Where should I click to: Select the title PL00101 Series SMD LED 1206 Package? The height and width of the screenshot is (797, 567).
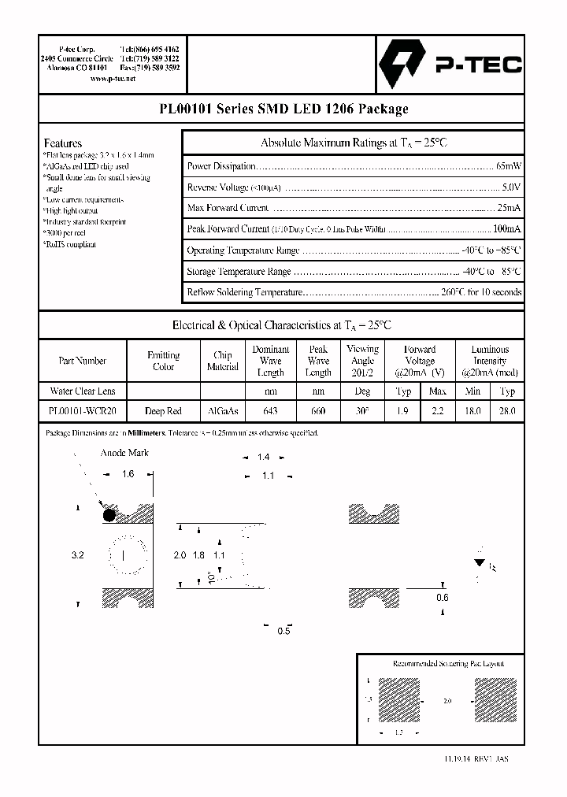[283, 109]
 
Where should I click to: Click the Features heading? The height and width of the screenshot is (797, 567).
[62, 143]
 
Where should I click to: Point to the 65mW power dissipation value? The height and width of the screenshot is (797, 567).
[509, 166]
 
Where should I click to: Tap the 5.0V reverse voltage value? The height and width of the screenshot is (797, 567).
[511, 187]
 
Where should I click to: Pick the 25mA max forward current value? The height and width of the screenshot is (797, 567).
[508, 208]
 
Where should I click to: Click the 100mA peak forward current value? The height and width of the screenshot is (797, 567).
[506, 229]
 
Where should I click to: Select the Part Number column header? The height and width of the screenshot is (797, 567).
[82, 361]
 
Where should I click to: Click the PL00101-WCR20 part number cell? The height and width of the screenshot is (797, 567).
[82, 411]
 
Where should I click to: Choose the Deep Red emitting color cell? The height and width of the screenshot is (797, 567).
[163, 411]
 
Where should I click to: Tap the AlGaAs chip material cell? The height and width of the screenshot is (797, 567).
[223, 411]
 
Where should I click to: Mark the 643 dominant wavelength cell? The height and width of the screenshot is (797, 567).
[270, 411]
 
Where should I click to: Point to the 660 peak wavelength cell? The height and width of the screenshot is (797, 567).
[318, 411]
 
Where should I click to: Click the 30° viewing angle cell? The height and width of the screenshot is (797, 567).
[362, 411]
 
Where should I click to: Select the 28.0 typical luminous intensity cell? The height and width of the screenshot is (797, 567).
[507, 411]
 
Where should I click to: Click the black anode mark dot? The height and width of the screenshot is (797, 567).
[109, 515]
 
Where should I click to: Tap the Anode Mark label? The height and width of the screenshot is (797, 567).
[124, 453]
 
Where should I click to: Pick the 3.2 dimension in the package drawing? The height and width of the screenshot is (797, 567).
[77, 555]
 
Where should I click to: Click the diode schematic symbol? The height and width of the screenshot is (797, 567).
[479, 563]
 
